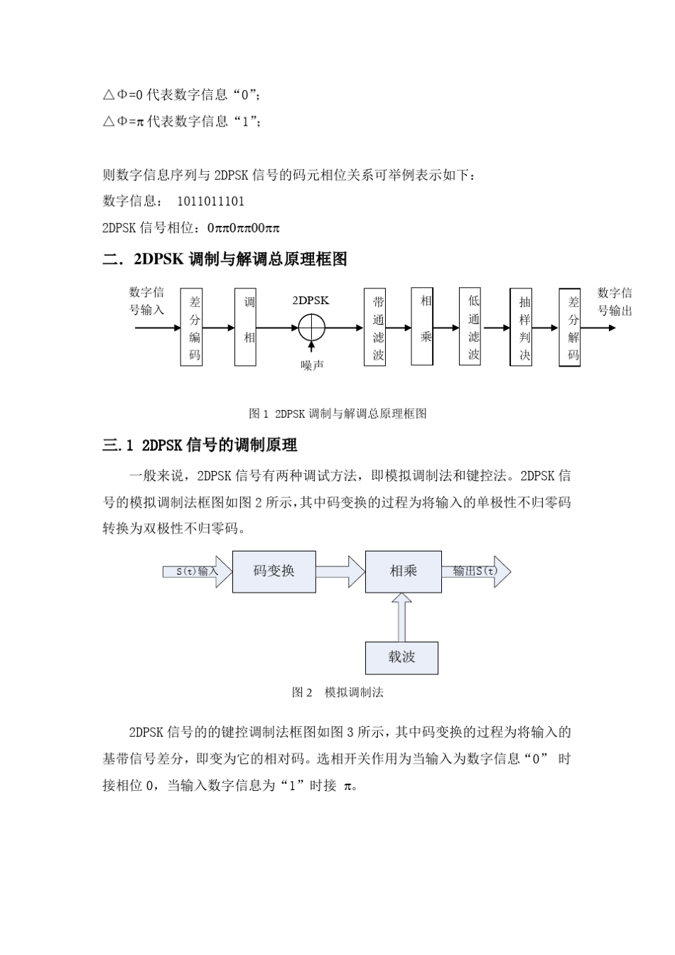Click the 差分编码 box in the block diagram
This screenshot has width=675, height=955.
coord(195,328)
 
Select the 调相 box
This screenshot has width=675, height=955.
coord(245,328)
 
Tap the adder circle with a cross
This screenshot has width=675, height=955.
coord(311,328)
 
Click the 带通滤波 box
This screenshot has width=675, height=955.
coord(378,328)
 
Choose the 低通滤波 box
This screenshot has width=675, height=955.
coord(472,327)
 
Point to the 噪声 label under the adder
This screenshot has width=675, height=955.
coord(312,365)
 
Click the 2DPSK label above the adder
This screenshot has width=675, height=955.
coord(310,301)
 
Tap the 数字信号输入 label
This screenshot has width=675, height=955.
coord(146,301)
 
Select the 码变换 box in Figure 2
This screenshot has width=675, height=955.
coord(274,571)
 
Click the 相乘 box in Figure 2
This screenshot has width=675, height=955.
coord(403,571)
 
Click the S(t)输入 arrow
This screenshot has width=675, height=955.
coord(197,571)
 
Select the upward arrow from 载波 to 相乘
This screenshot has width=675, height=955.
coord(402,617)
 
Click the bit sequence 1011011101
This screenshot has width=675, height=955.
coord(210,202)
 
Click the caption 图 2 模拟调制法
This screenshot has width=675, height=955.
coord(337,692)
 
